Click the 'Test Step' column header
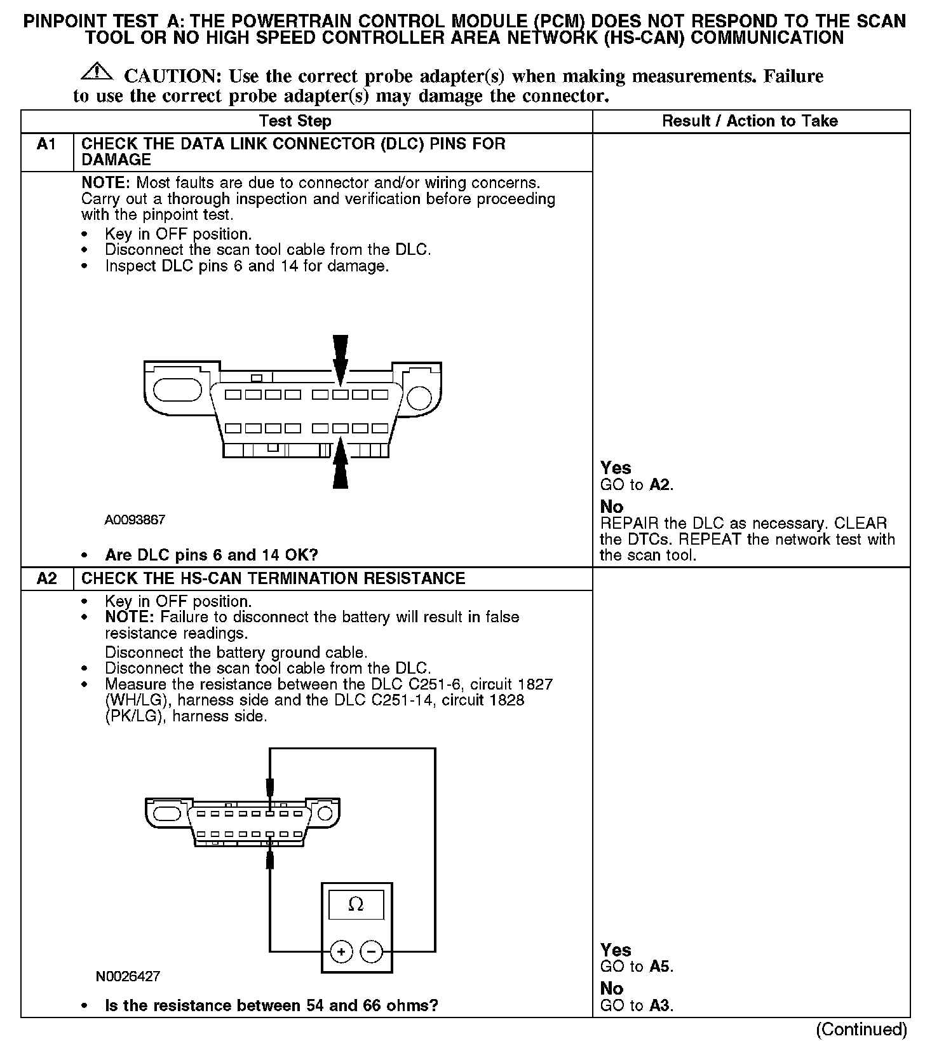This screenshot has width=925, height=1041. pyautogui.click(x=295, y=121)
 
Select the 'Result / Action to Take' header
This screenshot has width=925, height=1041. pyautogui.click(x=750, y=121)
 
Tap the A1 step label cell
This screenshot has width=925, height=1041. pyautogui.click(x=47, y=145)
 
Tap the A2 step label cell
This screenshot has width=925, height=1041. pyautogui.click(x=47, y=578)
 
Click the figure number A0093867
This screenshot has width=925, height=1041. pyautogui.click(x=135, y=520)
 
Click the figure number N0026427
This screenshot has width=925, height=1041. pyautogui.click(x=128, y=976)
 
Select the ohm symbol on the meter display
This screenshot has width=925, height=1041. pyautogui.click(x=356, y=904)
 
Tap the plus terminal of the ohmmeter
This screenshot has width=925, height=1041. pyautogui.click(x=341, y=951)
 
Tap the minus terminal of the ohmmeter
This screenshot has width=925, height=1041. pyautogui.click(x=372, y=951)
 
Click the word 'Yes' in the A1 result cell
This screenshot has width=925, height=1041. pyautogui.click(x=616, y=468)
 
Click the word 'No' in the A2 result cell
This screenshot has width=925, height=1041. pyautogui.click(x=611, y=988)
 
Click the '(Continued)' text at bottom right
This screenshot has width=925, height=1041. pyautogui.click(x=861, y=1029)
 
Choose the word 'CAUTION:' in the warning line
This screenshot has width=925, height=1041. pyautogui.click(x=172, y=76)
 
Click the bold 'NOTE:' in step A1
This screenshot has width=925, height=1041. pyautogui.click(x=105, y=183)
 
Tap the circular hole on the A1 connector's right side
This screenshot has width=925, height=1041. pyautogui.click(x=419, y=398)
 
